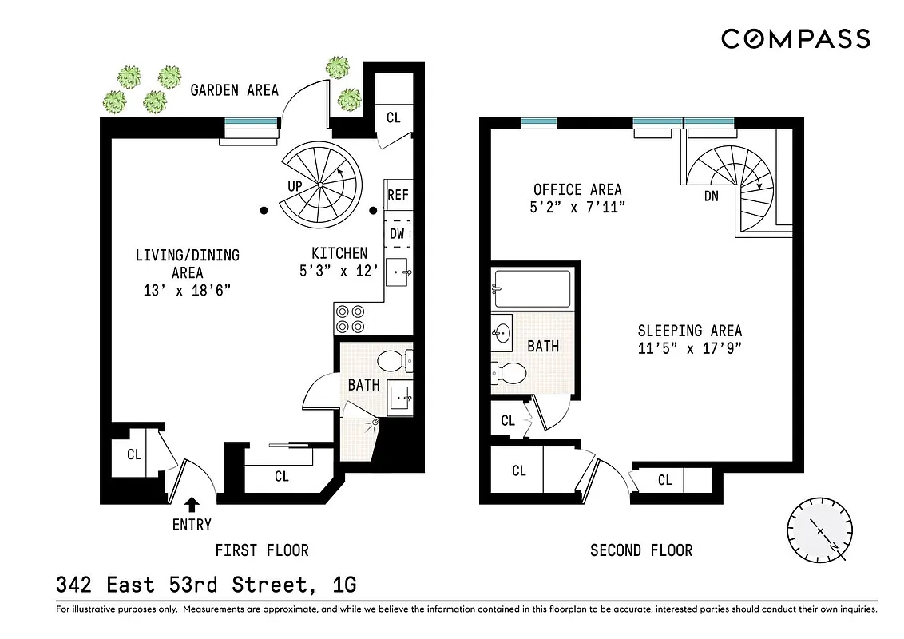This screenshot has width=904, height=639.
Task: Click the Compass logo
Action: pyautogui.click(x=795, y=38)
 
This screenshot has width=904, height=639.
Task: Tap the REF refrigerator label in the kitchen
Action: pyautogui.click(x=398, y=194)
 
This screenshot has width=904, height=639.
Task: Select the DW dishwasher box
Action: pyautogui.click(x=398, y=234)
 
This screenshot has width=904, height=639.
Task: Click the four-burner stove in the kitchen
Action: pyautogui.click(x=350, y=319)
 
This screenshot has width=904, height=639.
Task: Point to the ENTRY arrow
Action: pyautogui.click(x=192, y=504)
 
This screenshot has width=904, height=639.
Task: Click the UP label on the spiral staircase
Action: pyautogui.click(x=294, y=185)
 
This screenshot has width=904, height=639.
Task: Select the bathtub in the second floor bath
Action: pyautogui.click(x=531, y=288)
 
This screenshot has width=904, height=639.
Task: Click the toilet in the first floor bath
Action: pyautogui.click(x=392, y=361)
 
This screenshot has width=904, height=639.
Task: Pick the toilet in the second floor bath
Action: pyautogui.click(x=510, y=371)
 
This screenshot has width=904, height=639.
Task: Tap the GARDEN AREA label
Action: pyautogui.click(x=234, y=89)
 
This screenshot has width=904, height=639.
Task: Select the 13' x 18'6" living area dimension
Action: pyautogui.click(x=187, y=290)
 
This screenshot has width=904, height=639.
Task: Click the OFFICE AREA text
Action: pyautogui.click(x=577, y=189)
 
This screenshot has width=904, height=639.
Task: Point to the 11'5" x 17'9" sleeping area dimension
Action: pyautogui.click(x=689, y=347)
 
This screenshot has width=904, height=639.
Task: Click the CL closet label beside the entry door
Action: pyautogui.click(x=134, y=454)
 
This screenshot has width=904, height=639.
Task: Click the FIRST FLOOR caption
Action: pyautogui.click(x=261, y=550)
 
